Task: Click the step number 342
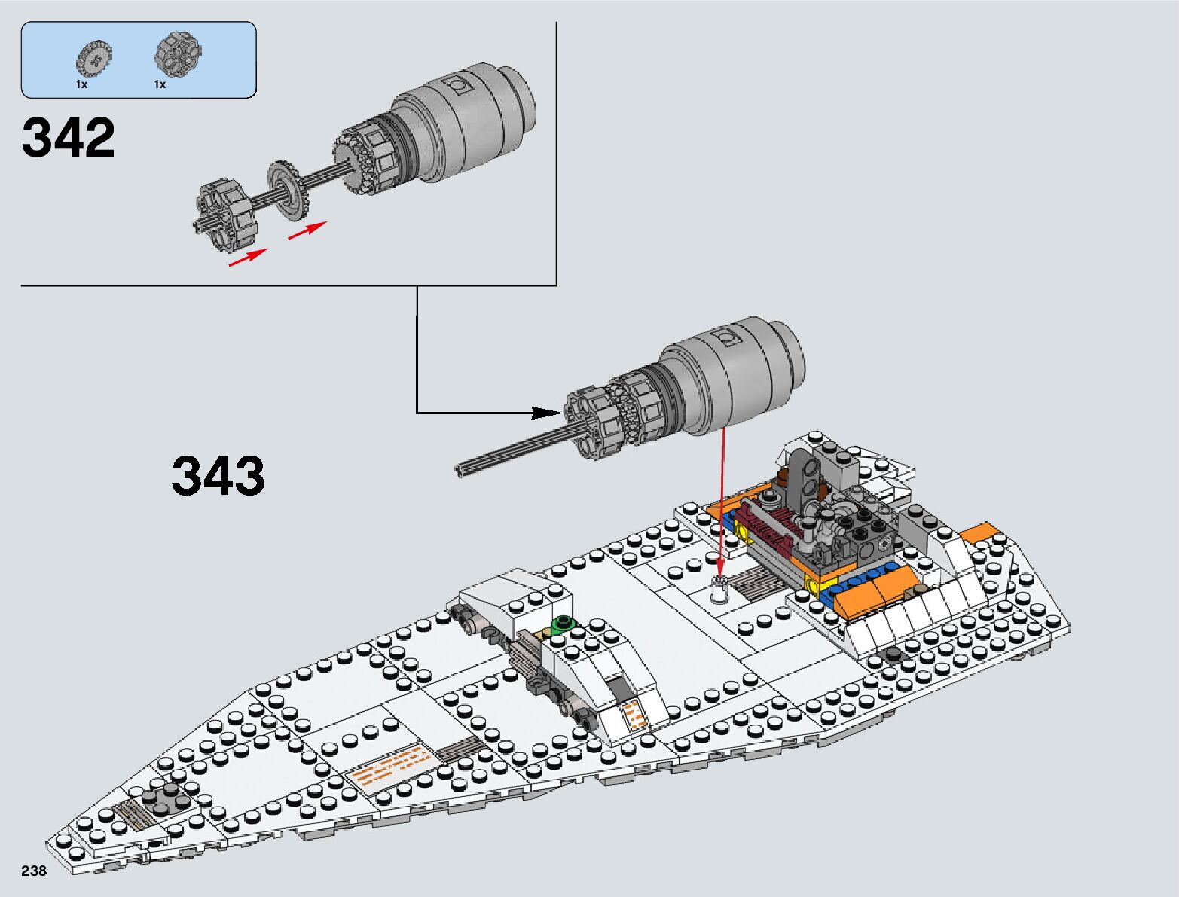[69, 137]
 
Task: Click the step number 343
[218, 475]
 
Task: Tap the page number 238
[34, 870]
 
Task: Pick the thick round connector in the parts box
[178, 53]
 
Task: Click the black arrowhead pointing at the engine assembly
[546, 413]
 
